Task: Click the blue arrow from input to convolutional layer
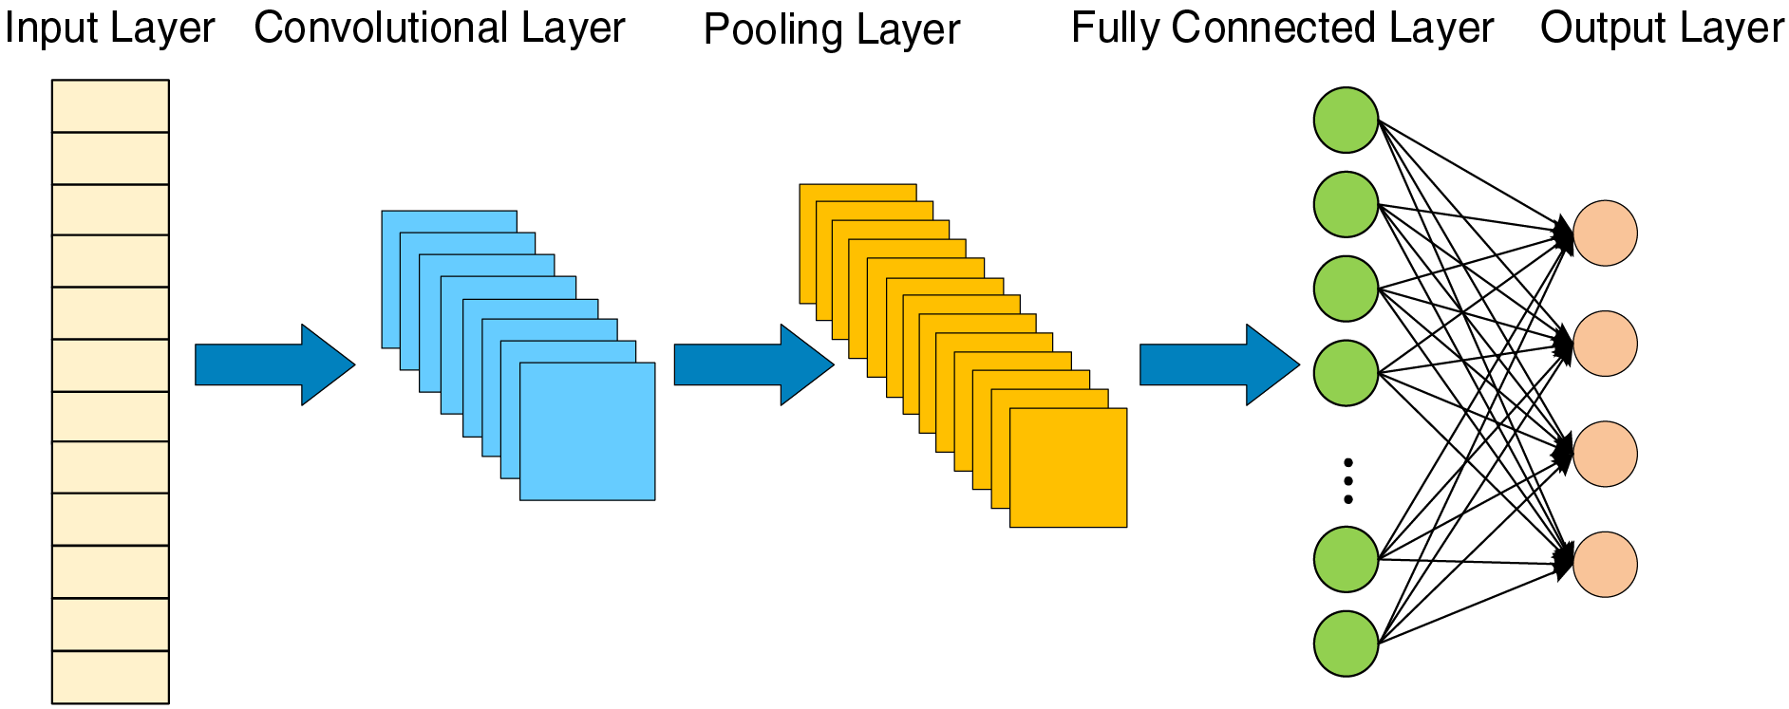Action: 274,364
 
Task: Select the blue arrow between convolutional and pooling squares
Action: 754,364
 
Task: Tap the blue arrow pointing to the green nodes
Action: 1219,364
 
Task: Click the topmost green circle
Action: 1346,120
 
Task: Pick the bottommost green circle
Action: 1346,644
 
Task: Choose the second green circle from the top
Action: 1346,204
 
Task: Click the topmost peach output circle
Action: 1605,233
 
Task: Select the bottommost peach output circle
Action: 1605,565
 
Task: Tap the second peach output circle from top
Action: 1605,344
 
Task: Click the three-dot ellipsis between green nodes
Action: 1347,481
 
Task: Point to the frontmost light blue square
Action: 587,431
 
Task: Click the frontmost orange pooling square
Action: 1068,468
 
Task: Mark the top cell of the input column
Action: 110,106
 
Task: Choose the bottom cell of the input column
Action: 110,677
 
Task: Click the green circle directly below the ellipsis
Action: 1346,560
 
